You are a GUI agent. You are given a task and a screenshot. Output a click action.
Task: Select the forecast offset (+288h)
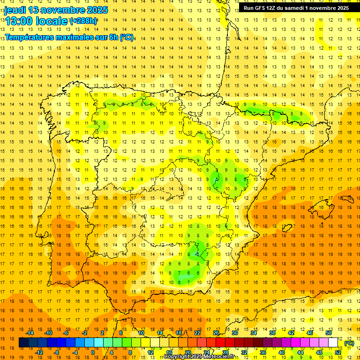click(83, 21)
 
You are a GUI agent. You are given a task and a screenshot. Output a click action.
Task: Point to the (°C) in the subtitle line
click(127, 37)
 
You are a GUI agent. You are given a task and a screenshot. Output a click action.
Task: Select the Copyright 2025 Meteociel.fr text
click(199, 357)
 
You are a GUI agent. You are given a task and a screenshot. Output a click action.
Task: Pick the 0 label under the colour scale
click(93, 352)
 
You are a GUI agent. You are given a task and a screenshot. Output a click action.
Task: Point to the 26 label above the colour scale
click(216, 332)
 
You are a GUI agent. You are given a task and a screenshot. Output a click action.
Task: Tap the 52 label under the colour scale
click(338, 352)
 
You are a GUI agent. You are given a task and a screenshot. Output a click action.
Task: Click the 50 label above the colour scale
click(329, 332)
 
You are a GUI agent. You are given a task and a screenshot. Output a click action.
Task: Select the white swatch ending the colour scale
click(333, 343)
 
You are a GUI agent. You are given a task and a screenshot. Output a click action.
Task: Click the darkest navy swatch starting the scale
click(24, 343)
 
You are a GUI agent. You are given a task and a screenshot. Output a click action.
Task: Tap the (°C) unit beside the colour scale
click(349, 343)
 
